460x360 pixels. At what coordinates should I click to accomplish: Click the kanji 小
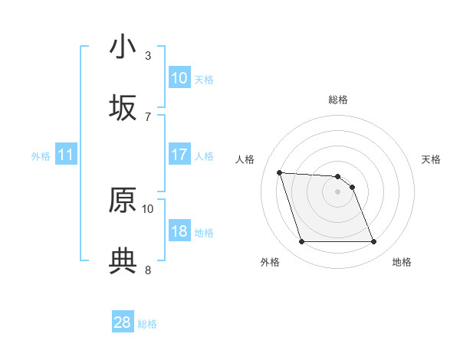[x=123, y=47]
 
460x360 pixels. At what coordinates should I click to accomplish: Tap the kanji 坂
[x=123, y=108]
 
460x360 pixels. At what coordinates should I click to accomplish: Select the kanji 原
[x=123, y=201]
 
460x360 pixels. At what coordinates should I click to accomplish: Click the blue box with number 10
[x=179, y=77]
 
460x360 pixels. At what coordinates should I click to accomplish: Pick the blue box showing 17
[x=179, y=155]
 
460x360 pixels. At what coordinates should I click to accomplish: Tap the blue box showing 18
[x=179, y=231]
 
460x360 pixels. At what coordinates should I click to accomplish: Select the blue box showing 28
[x=123, y=322]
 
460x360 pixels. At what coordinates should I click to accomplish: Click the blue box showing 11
[x=66, y=155]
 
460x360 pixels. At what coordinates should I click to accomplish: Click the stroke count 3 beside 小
[x=148, y=55]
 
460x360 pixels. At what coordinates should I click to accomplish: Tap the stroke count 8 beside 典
[x=148, y=270]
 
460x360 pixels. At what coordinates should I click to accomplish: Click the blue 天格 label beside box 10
[x=203, y=79]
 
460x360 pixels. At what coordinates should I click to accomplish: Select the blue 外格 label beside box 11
[x=41, y=156]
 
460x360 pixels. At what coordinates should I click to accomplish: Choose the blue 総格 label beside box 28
[x=147, y=324]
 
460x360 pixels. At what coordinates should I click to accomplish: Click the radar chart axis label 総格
[x=338, y=100]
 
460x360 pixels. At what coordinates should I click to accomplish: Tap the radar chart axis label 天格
[x=432, y=159]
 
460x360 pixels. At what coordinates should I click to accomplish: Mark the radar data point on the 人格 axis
[x=279, y=172]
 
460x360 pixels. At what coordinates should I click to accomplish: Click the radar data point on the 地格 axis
[x=373, y=242]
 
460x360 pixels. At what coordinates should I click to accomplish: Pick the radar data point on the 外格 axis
[x=301, y=242]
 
